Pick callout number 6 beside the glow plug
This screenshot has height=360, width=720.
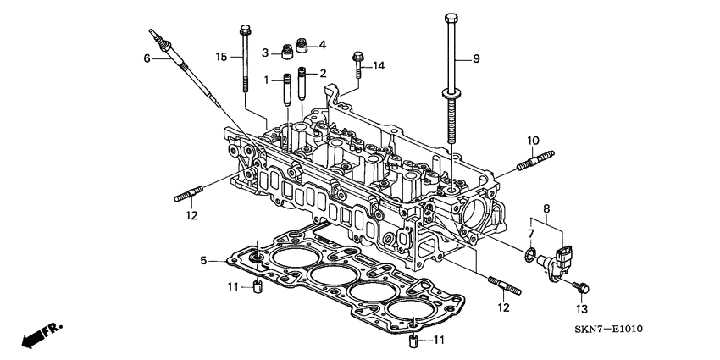pos(146,58)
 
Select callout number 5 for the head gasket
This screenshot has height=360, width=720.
pos(204,261)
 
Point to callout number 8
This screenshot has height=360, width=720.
pos(546,207)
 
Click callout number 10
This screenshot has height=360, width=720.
pos(533,140)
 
